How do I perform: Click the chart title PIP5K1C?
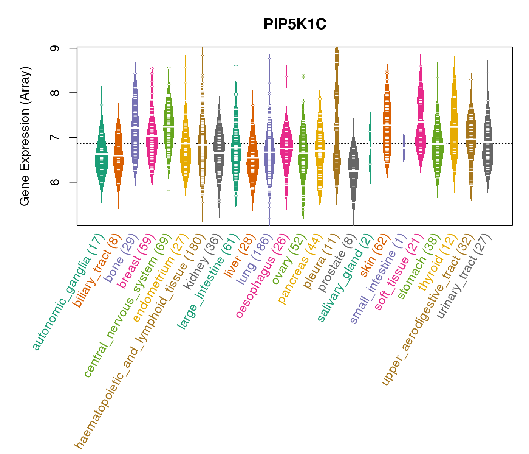point(295,24)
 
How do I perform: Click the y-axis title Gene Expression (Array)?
point(25,137)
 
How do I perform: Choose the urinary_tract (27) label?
point(464,277)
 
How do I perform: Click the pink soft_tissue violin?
point(421,125)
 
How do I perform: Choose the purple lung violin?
point(269,151)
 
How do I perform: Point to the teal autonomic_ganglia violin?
point(101,151)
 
